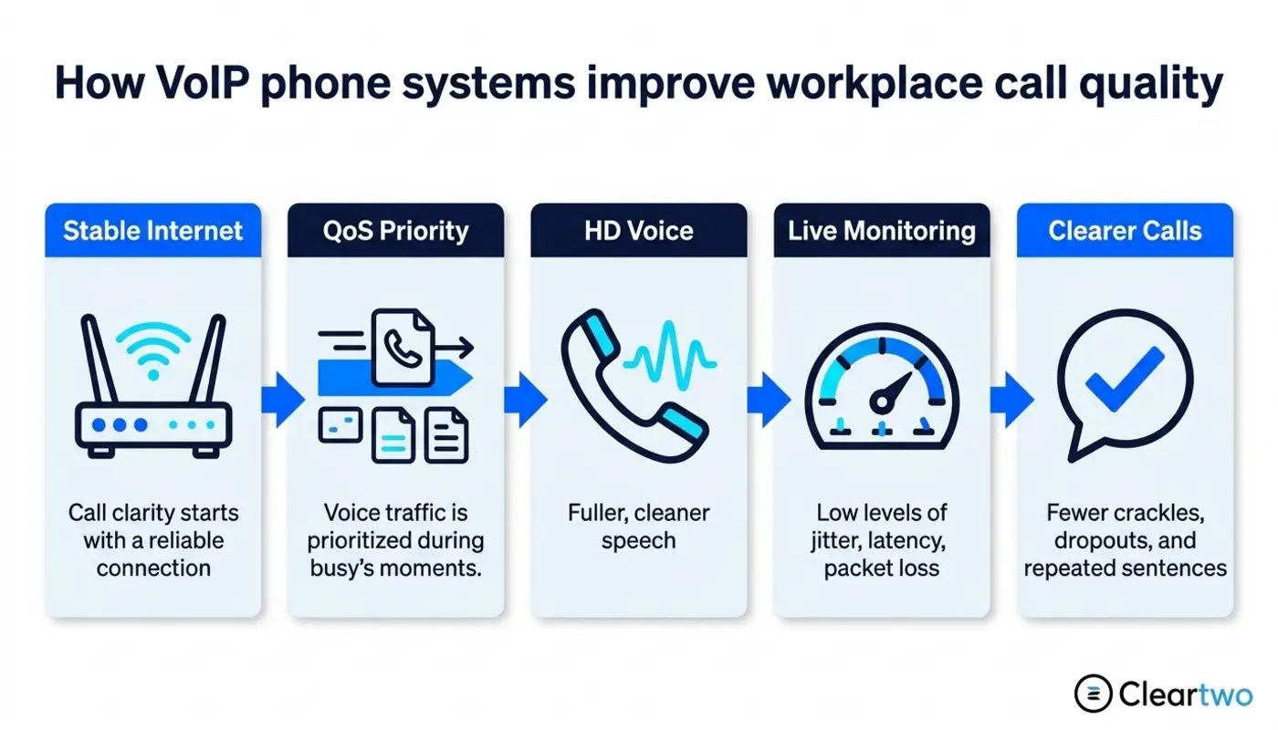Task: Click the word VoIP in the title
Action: pos(203,83)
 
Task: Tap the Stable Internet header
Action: pos(153,231)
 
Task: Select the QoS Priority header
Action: pos(396,231)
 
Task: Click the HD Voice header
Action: pos(639,231)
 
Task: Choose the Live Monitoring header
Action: pos(882,231)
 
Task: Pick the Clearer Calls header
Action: pos(1125,231)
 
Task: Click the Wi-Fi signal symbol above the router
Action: pos(153,349)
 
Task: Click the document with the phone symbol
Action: pos(403,348)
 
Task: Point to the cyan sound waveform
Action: pos(670,357)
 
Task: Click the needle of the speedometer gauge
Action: pos(892,391)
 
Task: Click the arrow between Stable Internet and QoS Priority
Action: pos(283,400)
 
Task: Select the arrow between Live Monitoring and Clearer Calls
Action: pos(1012,400)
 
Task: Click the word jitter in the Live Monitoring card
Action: pos(836,541)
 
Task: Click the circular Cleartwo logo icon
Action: pos(1094,693)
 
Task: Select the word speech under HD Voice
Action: pos(638,541)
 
